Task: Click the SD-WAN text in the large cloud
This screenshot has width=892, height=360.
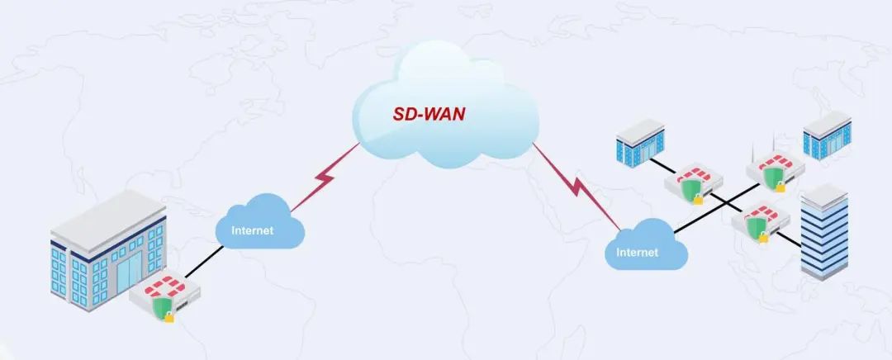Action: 428,113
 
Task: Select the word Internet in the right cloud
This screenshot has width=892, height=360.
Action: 638,252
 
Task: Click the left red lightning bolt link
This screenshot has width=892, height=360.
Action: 328,178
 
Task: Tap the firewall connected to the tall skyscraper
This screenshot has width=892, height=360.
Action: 761,219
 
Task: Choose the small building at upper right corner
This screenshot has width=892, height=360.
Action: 826,136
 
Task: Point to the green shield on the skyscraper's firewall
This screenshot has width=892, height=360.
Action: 753,225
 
